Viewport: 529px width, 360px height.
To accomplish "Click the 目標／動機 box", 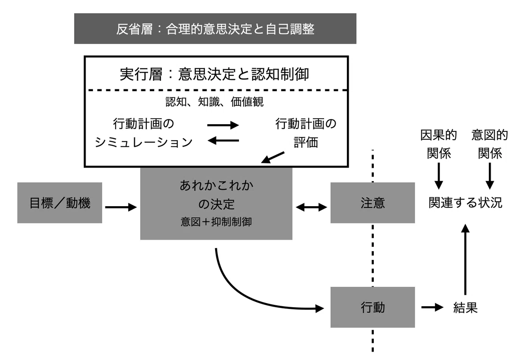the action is tap(60, 203).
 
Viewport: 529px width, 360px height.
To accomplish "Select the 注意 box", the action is tap(373, 203).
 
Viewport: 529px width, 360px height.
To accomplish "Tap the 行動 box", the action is tap(373, 307).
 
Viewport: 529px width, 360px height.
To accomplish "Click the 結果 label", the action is tap(466, 308).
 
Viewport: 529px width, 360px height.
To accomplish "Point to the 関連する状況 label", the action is tap(466, 203).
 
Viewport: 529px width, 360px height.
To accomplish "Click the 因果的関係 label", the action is tap(439, 144).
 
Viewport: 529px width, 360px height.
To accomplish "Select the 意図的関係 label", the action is tap(490, 144).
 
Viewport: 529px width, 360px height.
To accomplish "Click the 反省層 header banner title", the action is tap(215, 29).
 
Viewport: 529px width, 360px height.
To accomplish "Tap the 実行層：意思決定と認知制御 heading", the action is tap(214, 74).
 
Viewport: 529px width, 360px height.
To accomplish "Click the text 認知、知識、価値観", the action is tap(214, 102).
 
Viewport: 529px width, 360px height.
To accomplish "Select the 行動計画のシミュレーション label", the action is tap(144, 133).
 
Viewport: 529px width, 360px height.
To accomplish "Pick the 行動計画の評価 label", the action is tap(306, 133).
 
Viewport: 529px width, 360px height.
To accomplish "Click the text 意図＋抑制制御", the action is tap(216, 222).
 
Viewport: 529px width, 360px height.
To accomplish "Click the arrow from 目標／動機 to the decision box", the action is tap(121, 207).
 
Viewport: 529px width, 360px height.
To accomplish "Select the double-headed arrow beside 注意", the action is tap(311, 207).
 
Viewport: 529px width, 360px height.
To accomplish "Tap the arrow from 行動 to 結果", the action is tap(432, 308).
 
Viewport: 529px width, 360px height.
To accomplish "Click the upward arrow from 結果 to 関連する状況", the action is tap(465, 259).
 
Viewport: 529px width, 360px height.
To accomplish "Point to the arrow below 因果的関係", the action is tap(439, 176).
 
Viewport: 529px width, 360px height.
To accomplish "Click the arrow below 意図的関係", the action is tap(490, 176).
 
